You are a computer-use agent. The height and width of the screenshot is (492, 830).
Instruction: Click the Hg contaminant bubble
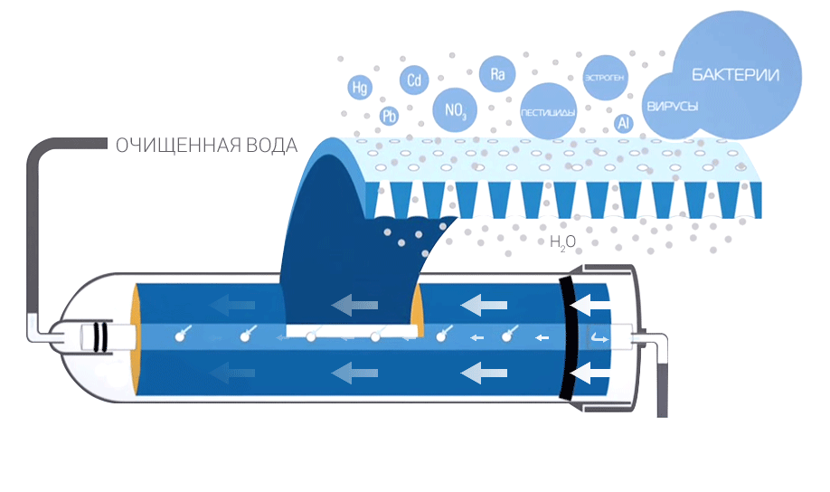(361, 88)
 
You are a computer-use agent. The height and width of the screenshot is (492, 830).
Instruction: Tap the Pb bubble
(390, 116)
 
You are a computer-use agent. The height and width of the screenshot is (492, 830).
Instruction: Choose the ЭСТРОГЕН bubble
(603, 75)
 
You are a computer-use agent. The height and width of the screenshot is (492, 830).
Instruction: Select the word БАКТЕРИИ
(735, 75)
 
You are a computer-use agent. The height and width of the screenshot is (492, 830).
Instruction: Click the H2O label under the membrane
(561, 242)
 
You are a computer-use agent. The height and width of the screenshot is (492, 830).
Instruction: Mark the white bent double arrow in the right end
(599, 338)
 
